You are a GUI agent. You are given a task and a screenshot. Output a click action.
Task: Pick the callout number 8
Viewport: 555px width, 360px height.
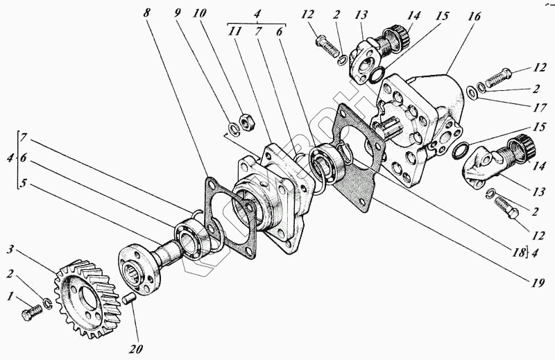[146, 12]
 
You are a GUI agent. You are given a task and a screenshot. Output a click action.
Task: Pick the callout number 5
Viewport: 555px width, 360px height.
[23, 185]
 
